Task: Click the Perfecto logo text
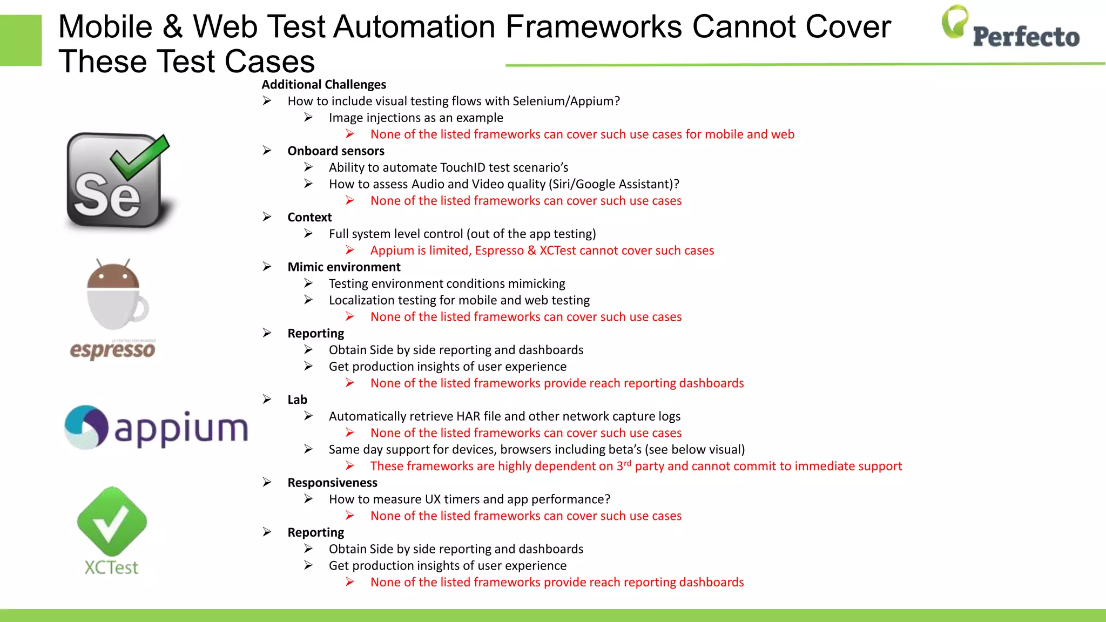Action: (x=1026, y=37)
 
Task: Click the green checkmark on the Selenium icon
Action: (x=139, y=157)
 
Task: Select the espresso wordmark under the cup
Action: (x=112, y=349)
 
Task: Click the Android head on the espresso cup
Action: (x=113, y=275)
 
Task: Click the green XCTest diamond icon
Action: (x=112, y=522)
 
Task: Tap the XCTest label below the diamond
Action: (x=111, y=567)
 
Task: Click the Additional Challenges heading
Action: (x=323, y=85)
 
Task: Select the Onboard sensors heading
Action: (x=335, y=151)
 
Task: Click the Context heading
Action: (x=309, y=218)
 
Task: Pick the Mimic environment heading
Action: (x=343, y=267)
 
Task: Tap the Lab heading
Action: (x=297, y=400)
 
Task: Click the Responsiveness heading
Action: (x=332, y=483)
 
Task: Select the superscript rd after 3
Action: (x=628, y=463)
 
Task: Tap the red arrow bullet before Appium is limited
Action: (x=350, y=251)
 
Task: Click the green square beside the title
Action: (x=21, y=40)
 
